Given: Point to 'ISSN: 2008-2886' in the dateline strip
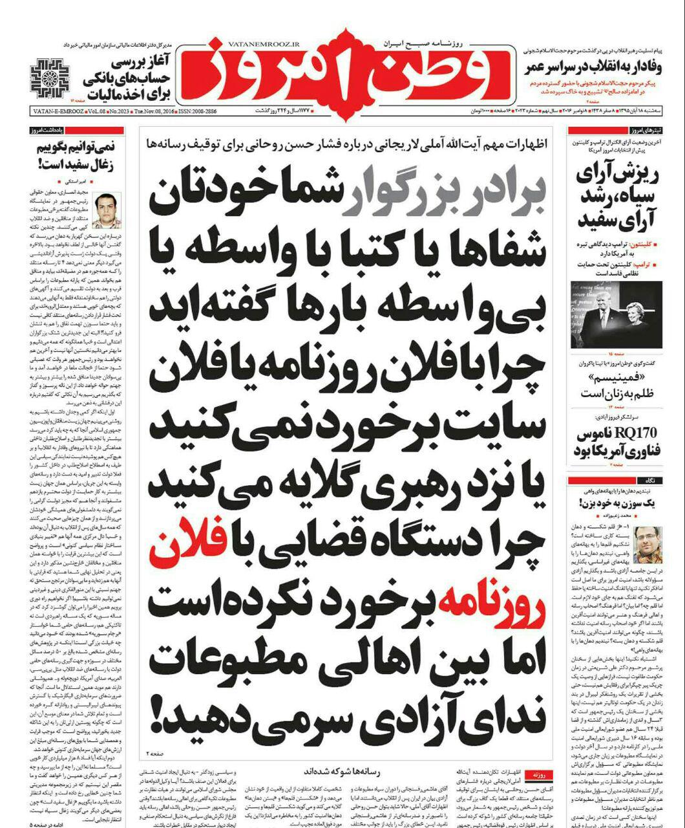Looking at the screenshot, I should [193, 111].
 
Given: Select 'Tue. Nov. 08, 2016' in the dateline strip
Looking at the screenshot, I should [152, 111].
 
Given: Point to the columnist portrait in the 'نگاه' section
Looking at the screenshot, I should [648, 543].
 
